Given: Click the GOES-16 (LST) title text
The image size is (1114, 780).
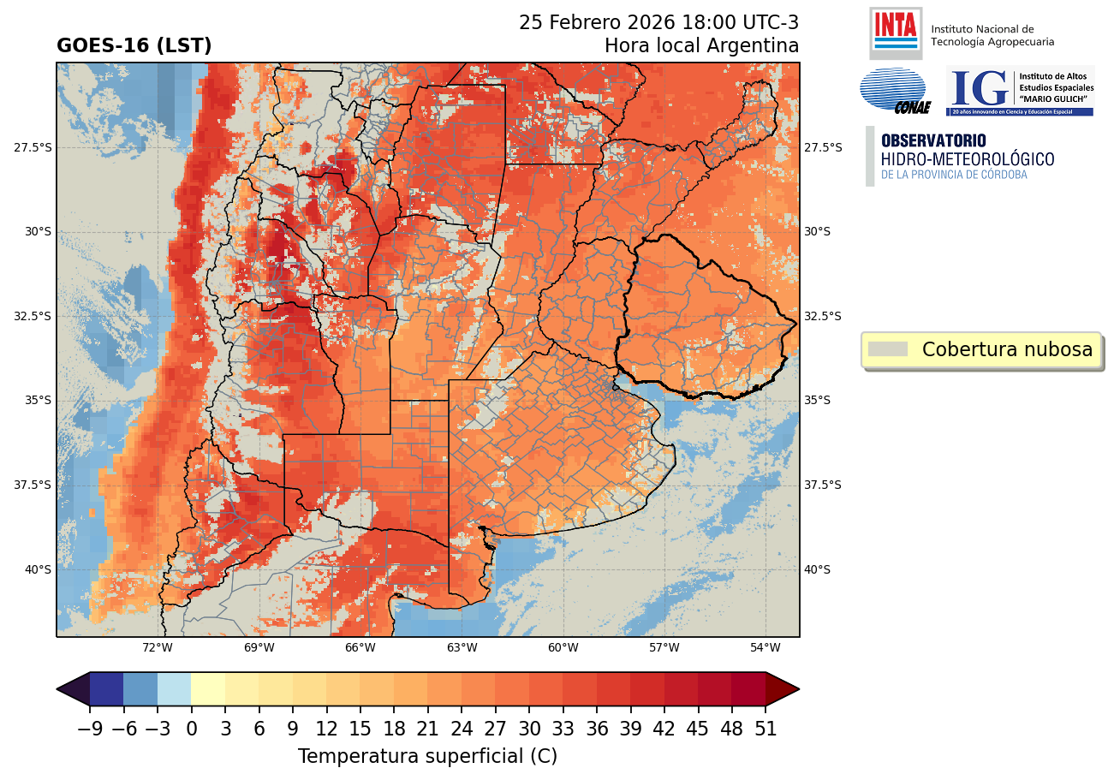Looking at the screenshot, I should (x=134, y=46).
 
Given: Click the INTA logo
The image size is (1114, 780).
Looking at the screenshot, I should (x=895, y=33).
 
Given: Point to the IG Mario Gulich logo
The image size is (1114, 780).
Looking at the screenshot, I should (x=1019, y=91).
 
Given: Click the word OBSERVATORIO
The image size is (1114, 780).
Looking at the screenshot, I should (x=933, y=140).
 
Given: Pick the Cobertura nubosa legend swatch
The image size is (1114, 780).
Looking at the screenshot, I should (x=887, y=349).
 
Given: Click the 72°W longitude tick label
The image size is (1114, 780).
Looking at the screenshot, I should (x=158, y=647).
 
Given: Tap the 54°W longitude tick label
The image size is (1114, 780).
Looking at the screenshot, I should (x=765, y=647).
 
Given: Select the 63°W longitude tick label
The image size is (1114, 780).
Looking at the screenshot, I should (x=462, y=647).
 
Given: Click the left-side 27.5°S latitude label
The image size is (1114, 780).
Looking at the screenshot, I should (x=33, y=147).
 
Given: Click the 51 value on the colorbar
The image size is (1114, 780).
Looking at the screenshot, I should (x=766, y=729).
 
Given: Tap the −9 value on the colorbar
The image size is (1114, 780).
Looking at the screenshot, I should (x=89, y=729).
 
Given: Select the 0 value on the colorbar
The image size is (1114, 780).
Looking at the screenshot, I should (x=191, y=729).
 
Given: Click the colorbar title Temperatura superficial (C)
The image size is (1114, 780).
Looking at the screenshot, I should (x=427, y=757).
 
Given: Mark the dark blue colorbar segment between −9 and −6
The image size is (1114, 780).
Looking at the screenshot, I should (x=106, y=689).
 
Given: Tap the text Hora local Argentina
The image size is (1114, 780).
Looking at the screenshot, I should (x=701, y=46).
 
